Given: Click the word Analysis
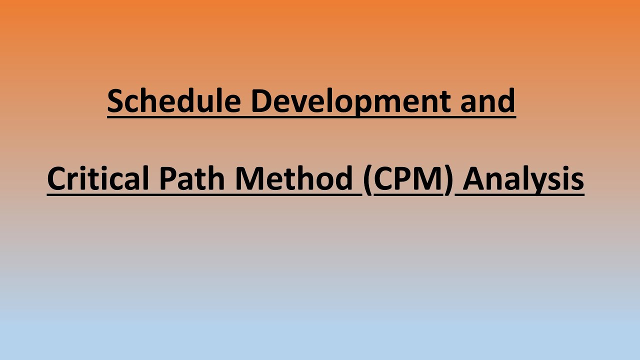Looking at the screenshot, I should click(523, 178).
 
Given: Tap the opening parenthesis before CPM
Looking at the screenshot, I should click(368, 179).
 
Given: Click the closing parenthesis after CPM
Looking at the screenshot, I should click(448, 179).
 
